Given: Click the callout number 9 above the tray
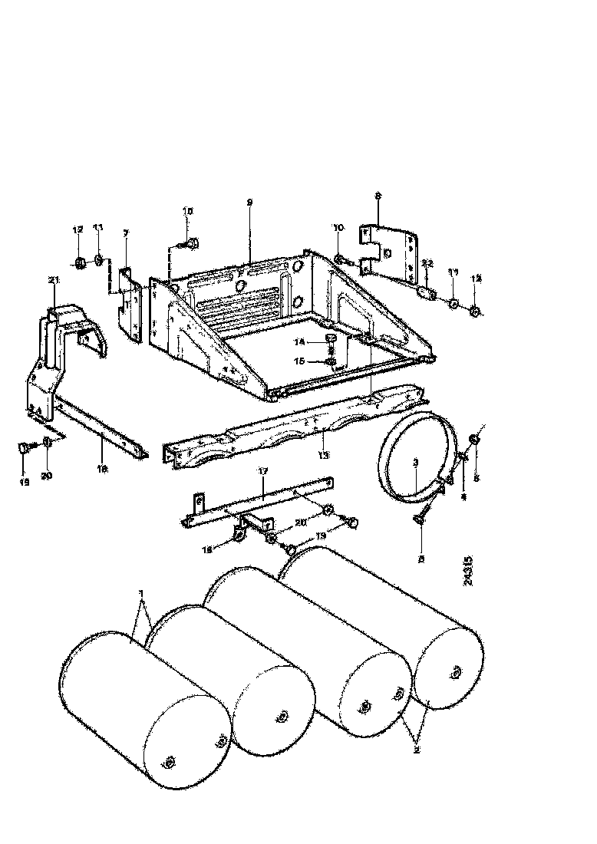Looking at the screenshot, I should pyautogui.click(x=249, y=202).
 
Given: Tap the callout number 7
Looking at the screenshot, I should pyautogui.click(x=127, y=232).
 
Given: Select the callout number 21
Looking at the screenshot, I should pyautogui.click(x=54, y=279).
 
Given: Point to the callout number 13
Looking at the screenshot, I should pyautogui.click(x=325, y=455).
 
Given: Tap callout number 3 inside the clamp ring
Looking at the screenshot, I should pyautogui.click(x=415, y=463).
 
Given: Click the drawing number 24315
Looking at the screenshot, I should pyautogui.click(x=469, y=571).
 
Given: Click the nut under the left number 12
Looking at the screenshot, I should pyautogui.click(x=79, y=264).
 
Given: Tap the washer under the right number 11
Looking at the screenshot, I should pyautogui.click(x=454, y=305).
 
